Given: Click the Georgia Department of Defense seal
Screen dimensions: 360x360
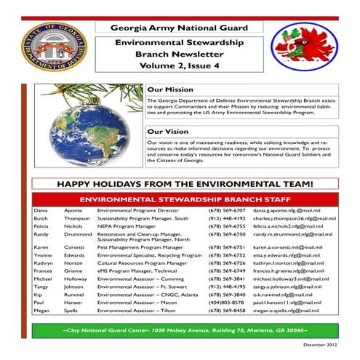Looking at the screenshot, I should (53, 47).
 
